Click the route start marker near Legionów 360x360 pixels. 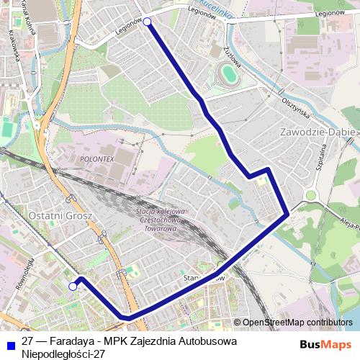pyautogui.click(x=148, y=22)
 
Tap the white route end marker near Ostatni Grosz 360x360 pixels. pyautogui.click(x=73, y=287)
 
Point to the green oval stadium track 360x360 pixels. pyautogui.click(x=228, y=73)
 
